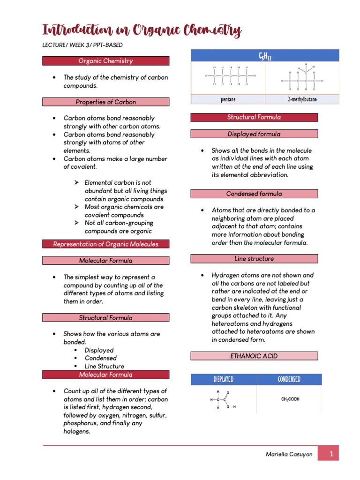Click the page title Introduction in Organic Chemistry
[142, 31]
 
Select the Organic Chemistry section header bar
[105, 61]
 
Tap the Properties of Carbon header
[105, 102]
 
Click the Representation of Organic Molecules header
[105, 244]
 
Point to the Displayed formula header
[254, 134]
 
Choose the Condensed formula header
[254, 194]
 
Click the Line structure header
[254, 259]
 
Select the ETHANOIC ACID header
[254, 356]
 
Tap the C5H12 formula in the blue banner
[265, 56]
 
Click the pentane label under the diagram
[228, 99]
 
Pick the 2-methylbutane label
[302, 99]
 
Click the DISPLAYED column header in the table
[224, 379]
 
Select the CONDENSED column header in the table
[289, 379]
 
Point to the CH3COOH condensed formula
[290, 399]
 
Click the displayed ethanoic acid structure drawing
[223, 400]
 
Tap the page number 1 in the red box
[331, 454]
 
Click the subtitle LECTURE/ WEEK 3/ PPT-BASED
[82, 45]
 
